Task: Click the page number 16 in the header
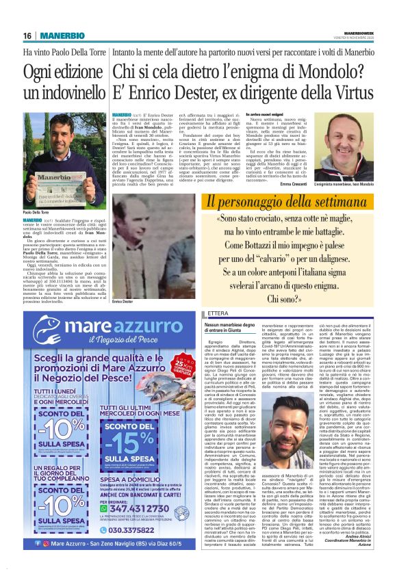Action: pos(28,36)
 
